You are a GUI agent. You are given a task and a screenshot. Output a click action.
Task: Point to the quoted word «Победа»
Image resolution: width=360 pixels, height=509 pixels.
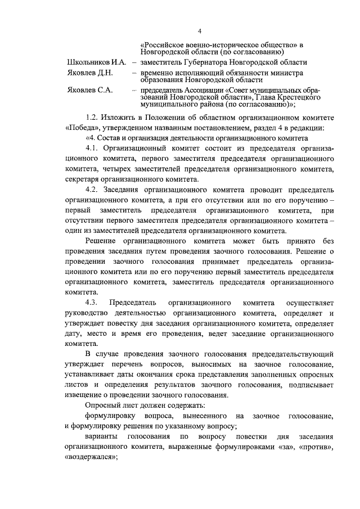(82, 128)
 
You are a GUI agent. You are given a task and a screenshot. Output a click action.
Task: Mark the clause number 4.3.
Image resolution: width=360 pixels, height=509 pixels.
(93, 302)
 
